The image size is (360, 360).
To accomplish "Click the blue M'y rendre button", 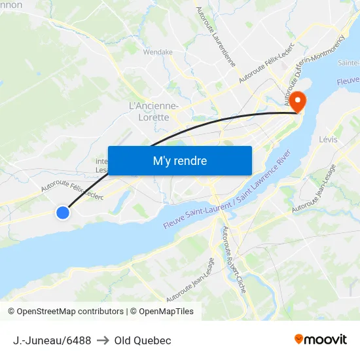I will click(x=179, y=160).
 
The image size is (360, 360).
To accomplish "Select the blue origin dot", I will click(x=63, y=213).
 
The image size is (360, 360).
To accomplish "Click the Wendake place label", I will click(x=158, y=52).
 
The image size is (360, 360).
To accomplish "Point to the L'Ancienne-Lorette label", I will click(x=154, y=111).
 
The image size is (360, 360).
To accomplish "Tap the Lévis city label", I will click(x=329, y=139).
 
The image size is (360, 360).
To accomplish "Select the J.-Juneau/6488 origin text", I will click(x=52, y=340).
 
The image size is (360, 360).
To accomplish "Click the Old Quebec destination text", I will click(x=143, y=340).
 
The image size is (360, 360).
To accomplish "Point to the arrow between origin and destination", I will click(x=103, y=340).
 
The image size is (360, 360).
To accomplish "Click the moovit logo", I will click(x=321, y=339).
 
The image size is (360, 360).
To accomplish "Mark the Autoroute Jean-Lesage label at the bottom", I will click(x=190, y=279).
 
